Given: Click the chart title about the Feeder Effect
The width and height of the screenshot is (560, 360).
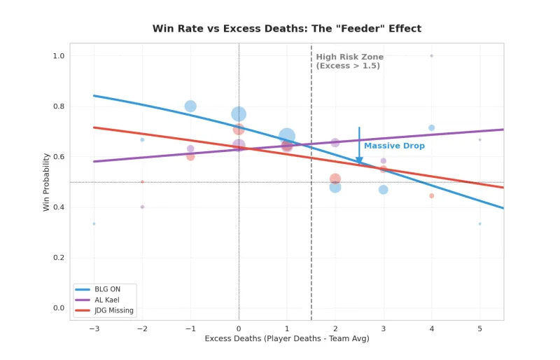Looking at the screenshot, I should [x=287, y=29].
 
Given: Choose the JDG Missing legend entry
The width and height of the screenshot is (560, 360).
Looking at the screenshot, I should [x=108, y=310].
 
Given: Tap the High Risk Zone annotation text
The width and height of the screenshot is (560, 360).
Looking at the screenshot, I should [x=349, y=61].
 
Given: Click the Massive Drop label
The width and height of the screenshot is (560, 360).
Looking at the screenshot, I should [x=394, y=146].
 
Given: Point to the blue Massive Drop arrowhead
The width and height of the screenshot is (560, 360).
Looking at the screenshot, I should [x=359, y=161].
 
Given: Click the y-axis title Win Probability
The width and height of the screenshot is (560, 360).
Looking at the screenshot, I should [x=47, y=182].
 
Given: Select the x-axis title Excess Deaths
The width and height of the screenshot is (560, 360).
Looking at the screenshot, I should [x=287, y=339].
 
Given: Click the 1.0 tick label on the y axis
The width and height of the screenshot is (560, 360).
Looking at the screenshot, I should [x=58, y=56].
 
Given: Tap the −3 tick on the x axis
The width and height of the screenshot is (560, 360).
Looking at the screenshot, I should [x=94, y=328].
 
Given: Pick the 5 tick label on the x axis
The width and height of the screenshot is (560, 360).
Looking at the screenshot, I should [x=479, y=328].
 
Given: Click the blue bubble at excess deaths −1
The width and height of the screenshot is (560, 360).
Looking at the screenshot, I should [x=190, y=106].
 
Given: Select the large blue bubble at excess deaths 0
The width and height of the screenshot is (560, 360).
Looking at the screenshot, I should [x=239, y=114].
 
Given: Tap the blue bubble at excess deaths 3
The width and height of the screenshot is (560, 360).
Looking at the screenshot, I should [x=383, y=190].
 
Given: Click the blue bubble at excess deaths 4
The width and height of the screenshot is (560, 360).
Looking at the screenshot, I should [x=431, y=128].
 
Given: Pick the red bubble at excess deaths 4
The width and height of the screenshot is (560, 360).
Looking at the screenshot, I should [x=431, y=196].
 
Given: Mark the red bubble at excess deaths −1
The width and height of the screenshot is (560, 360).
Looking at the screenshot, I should [x=190, y=157].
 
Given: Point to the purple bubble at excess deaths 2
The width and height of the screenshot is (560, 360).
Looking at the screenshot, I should [x=335, y=143].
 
